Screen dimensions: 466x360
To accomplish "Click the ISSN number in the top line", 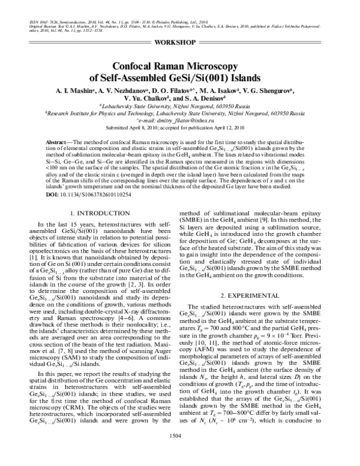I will (45, 22).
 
